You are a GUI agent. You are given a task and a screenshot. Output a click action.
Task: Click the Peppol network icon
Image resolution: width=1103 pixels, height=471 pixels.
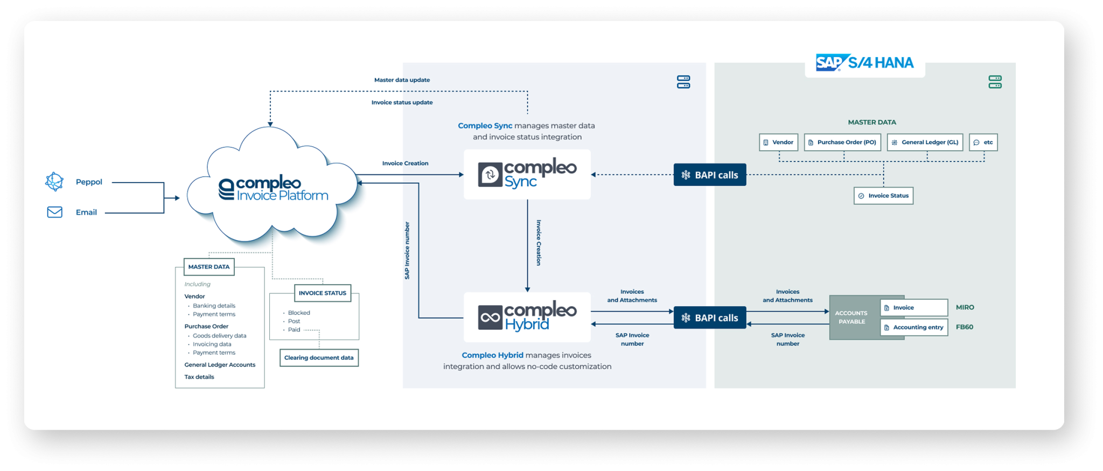click(54, 182)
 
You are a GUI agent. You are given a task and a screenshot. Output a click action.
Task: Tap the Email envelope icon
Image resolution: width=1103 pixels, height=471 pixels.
click(54, 212)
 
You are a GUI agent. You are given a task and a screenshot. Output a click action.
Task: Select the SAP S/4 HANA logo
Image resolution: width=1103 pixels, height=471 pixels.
click(864, 63)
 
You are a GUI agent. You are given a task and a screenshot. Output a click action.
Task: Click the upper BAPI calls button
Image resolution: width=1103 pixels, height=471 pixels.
click(709, 175)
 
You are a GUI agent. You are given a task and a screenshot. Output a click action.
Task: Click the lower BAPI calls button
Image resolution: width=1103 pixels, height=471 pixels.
click(709, 318)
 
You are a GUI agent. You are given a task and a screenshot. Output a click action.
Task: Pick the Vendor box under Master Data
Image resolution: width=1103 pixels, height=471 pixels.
click(778, 143)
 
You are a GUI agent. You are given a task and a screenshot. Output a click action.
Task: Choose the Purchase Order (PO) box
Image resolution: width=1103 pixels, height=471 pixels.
click(842, 143)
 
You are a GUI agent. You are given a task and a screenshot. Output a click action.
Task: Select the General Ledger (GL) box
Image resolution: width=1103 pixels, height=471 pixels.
click(925, 143)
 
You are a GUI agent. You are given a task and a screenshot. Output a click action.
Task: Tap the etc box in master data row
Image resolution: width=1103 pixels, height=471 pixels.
click(983, 143)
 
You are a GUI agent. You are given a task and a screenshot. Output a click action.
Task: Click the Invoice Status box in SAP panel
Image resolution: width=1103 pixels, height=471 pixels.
click(883, 196)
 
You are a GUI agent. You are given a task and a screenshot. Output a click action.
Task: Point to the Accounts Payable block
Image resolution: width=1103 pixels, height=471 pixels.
click(851, 318)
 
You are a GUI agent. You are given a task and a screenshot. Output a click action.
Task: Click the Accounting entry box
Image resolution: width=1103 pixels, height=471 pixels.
click(913, 327)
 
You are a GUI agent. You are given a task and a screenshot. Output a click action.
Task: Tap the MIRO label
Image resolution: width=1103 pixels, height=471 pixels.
click(965, 307)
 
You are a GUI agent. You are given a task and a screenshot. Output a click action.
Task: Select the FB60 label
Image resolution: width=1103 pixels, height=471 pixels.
click(964, 327)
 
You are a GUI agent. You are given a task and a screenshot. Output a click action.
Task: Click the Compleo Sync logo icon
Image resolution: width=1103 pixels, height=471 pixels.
click(490, 175)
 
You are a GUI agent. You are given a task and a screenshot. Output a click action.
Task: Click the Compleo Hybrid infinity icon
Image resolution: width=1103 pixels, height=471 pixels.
click(490, 318)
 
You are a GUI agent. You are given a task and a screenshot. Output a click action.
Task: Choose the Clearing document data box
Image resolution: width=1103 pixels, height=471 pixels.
click(319, 358)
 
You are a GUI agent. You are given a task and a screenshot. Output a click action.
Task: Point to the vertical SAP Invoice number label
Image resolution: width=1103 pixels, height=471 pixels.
click(407, 250)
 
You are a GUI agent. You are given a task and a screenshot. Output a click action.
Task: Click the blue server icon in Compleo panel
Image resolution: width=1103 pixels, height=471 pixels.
click(683, 82)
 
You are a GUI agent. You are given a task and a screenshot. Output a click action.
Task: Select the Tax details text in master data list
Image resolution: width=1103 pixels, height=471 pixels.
click(199, 377)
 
